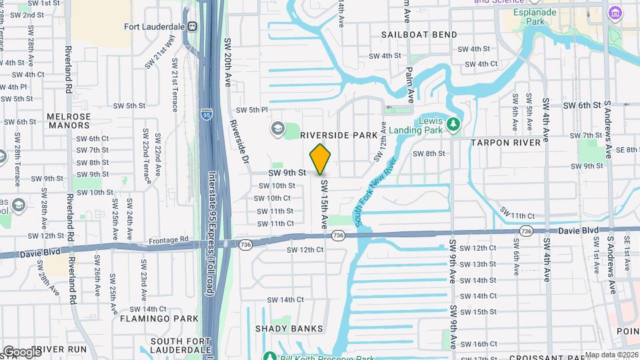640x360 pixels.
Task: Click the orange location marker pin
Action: (321, 159)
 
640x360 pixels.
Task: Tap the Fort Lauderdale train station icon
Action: (192, 27)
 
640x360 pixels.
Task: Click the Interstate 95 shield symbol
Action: (207, 115)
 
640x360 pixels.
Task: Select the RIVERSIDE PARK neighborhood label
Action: (339, 135)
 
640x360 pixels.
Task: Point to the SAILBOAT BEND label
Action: (419, 35)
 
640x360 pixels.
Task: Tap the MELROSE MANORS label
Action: (69, 121)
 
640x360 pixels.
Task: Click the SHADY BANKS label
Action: (289, 329)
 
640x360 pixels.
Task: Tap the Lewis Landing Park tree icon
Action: (453, 124)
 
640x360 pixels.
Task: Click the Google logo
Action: (22, 351)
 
